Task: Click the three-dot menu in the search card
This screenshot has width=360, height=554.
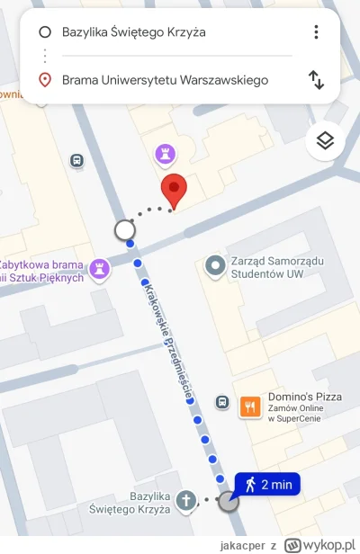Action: [316, 32]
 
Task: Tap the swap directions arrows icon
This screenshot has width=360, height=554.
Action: [316, 80]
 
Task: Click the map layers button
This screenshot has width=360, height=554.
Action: [326, 140]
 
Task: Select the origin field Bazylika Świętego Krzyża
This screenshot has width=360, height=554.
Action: [134, 32]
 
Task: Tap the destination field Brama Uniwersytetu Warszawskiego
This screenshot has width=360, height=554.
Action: [165, 80]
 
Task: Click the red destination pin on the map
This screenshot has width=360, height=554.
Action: [173, 190]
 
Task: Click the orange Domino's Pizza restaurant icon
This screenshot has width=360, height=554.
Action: [251, 407]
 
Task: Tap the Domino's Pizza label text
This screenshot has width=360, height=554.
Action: [301, 398]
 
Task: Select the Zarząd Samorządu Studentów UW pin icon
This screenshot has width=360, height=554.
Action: [215, 266]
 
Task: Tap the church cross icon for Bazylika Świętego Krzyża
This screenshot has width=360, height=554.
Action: [186, 499]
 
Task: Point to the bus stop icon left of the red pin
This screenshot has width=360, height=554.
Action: [77, 160]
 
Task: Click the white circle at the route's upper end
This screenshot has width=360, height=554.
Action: [125, 231]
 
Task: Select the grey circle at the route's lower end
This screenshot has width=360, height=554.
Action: [229, 500]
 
